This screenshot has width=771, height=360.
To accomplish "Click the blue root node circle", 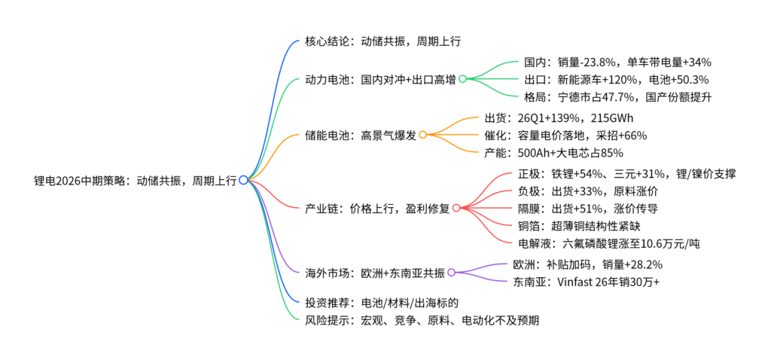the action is point(243,180).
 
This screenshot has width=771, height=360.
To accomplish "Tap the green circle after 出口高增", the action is point(462,78).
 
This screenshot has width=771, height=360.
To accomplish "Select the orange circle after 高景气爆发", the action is point(422,135).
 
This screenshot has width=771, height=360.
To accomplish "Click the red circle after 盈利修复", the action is point(456,208).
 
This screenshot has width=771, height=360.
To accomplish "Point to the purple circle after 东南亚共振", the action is point(451,273).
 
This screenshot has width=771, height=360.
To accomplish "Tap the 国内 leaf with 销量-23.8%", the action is point(617,63).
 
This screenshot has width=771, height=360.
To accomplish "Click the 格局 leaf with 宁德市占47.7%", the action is point(617,97).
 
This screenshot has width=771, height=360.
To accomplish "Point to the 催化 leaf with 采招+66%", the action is point(565,136).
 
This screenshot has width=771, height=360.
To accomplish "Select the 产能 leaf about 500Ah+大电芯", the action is point(553,153).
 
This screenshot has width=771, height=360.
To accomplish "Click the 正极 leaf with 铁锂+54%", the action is point(627,174).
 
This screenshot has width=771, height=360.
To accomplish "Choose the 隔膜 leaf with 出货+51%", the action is point(587,209).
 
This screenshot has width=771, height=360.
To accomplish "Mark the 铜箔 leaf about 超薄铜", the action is point(579,226).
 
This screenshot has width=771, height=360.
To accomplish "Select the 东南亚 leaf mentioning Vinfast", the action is point(586,282).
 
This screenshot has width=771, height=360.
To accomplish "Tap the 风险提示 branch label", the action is point(422,321).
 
